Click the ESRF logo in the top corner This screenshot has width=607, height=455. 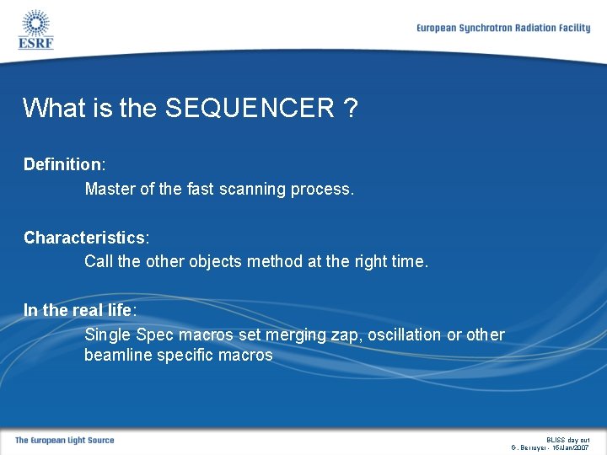coord(35,29)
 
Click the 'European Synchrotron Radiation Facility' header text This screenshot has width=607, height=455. coord(503,28)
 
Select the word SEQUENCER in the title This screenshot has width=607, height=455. coord(250,108)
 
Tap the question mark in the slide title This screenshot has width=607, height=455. coord(350,108)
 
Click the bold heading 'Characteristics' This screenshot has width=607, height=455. coord(84,238)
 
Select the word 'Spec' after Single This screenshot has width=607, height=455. coord(153,335)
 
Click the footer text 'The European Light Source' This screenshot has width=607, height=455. coord(64,440)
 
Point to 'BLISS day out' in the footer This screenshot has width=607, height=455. coord(567,439)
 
